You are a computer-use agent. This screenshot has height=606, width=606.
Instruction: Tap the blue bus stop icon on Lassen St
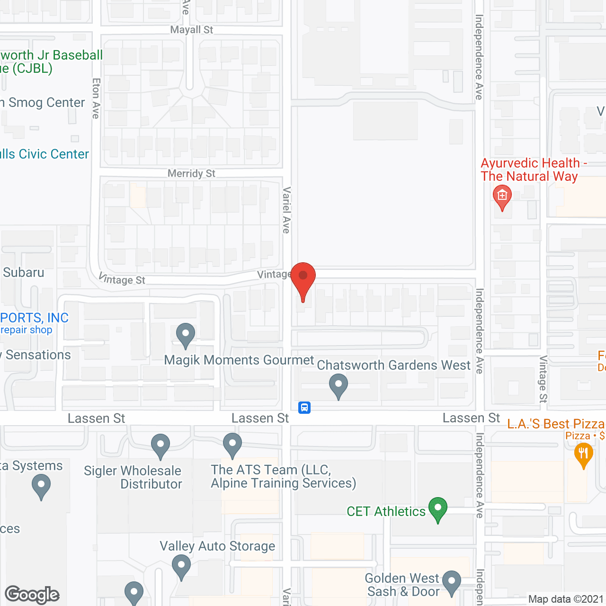pyautogui.click(x=304, y=407)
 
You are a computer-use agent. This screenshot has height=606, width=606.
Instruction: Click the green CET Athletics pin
pyautogui.click(x=438, y=508)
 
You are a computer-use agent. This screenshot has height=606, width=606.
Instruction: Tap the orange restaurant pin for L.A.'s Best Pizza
pyautogui.click(x=583, y=454)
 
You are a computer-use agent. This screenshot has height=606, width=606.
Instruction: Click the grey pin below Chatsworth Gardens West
pyautogui.click(x=339, y=385)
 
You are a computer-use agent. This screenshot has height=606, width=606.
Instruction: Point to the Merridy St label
pyautogui.click(x=191, y=174)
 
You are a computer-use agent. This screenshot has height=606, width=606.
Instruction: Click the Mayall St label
pyautogui.click(x=192, y=30)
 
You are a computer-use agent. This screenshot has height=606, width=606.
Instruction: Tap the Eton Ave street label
pyautogui.click(x=96, y=98)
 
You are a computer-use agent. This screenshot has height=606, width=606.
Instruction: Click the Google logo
pyautogui.click(x=32, y=595)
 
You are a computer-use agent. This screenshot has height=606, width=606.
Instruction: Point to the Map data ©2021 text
pyautogui.click(x=566, y=599)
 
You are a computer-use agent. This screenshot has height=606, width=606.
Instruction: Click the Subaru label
pyautogui.click(x=24, y=273)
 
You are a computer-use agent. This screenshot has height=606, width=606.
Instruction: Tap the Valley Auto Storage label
pyautogui.click(x=217, y=546)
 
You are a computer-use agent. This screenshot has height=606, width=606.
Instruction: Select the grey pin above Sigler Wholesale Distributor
pyautogui.click(x=160, y=446)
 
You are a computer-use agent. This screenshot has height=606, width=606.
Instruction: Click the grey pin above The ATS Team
pyautogui.click(x=232, y=445)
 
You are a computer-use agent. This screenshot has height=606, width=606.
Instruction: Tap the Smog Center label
pyautogui.click(x=46, y=103)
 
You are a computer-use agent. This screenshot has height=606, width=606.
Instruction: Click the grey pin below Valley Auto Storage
pyautogui.click(x=181, y=566)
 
